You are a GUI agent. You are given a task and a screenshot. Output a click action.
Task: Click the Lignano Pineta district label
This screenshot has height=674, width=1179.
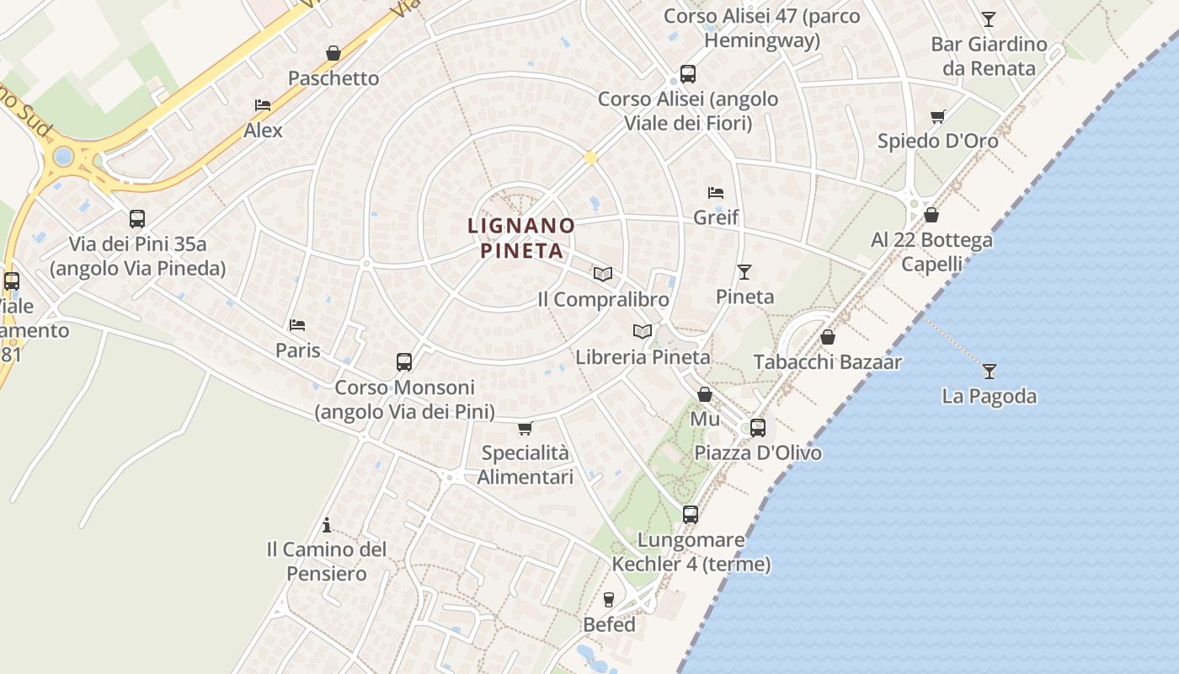pos(521,238)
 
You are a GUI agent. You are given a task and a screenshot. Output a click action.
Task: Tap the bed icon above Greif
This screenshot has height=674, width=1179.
pos(716,193)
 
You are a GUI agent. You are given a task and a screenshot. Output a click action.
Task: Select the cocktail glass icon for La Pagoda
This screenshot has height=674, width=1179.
pos(989,371)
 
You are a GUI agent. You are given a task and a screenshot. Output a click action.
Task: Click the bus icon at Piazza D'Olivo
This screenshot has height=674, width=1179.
pos(758,428)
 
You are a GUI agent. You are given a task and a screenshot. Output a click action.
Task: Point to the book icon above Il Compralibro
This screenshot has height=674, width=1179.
pos(602,274)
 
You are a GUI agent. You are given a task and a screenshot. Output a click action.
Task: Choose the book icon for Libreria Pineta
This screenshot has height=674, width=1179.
pos(643,332)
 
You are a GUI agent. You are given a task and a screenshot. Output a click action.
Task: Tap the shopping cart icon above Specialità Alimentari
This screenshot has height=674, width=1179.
pos(525,429)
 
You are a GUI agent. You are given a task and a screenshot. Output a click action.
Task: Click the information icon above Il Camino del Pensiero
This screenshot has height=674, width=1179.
pos(327,526)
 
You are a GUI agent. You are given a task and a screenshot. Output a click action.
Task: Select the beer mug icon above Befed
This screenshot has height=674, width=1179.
pos(609,600)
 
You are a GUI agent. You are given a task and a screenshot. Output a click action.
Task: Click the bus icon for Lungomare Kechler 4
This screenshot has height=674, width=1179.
pos(691,515)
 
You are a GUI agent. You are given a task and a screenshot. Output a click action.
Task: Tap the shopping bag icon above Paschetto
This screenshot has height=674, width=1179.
pos(333,54)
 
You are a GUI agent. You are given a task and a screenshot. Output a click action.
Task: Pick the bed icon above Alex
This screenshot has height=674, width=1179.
pos(263,105)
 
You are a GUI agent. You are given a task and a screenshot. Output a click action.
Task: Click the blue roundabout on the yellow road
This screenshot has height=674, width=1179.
pos(63,157)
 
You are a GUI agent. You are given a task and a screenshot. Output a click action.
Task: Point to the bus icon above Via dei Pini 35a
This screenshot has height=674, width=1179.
pos(137,219)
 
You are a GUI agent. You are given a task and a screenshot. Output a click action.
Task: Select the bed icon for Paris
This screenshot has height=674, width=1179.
pos(297,325)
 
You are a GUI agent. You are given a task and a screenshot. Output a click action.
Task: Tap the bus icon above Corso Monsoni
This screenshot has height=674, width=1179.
pos(404,362)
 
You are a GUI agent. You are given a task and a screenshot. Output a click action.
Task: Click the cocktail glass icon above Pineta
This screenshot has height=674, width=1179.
pos(744,271)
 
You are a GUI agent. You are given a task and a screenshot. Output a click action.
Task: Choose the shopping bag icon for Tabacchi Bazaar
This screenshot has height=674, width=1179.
pos(828,338)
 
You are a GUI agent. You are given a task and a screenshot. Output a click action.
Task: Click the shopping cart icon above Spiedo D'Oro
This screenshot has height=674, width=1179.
pos(937,116)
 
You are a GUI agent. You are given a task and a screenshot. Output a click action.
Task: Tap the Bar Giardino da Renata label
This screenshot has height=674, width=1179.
pos(989,56)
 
